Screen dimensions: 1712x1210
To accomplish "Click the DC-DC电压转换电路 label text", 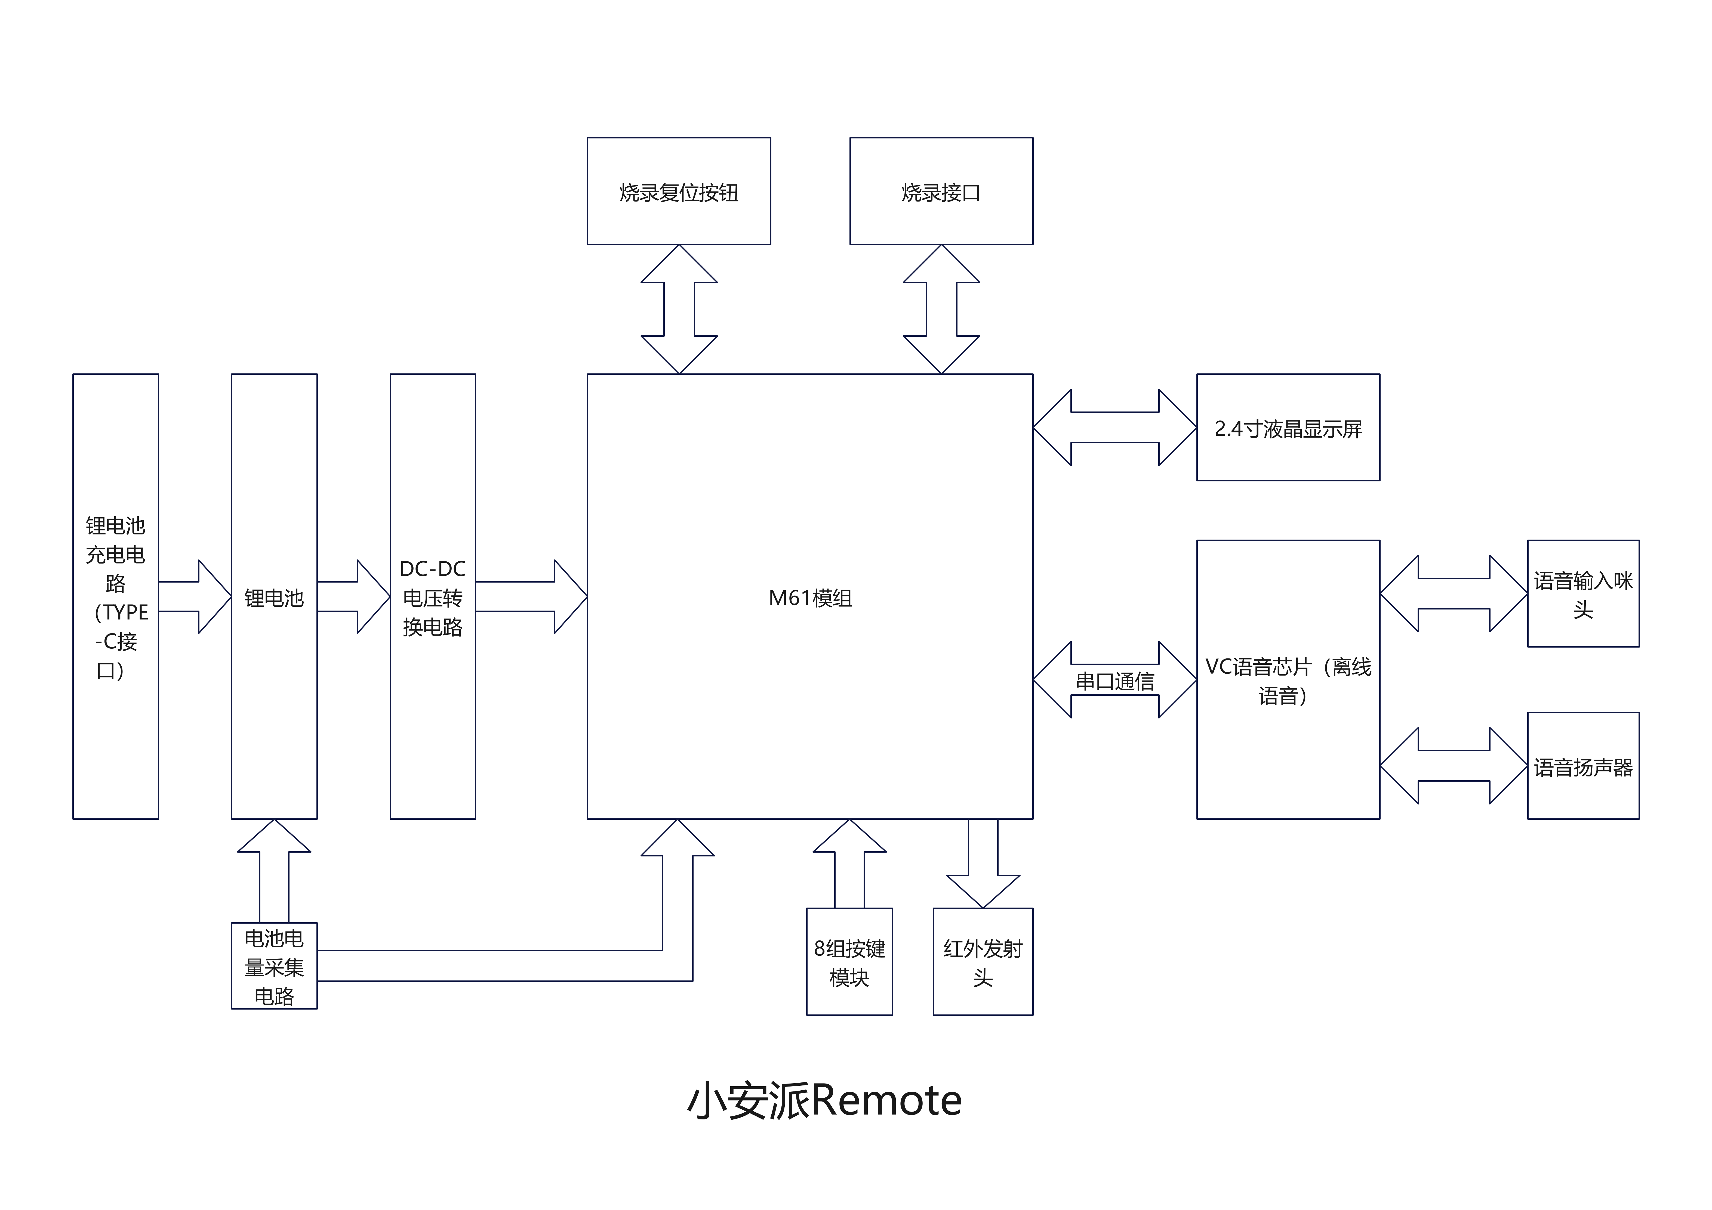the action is pyautogui.click(x=432, y=598).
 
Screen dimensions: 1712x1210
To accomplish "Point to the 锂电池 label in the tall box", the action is pyautogui.click(x=274, y=598).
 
